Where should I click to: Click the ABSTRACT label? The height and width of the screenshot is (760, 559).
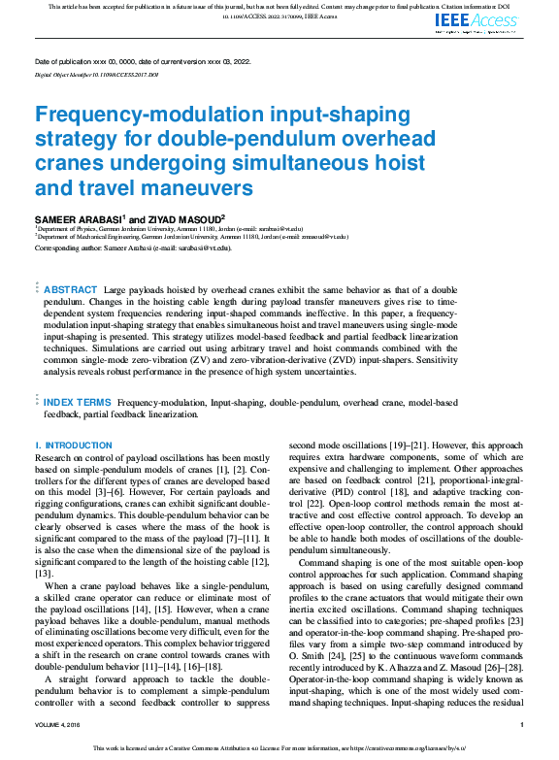tap(71, 290)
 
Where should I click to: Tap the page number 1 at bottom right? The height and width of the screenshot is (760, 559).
tap(522, 725)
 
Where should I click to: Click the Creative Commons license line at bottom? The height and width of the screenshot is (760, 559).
tap(279, 748)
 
